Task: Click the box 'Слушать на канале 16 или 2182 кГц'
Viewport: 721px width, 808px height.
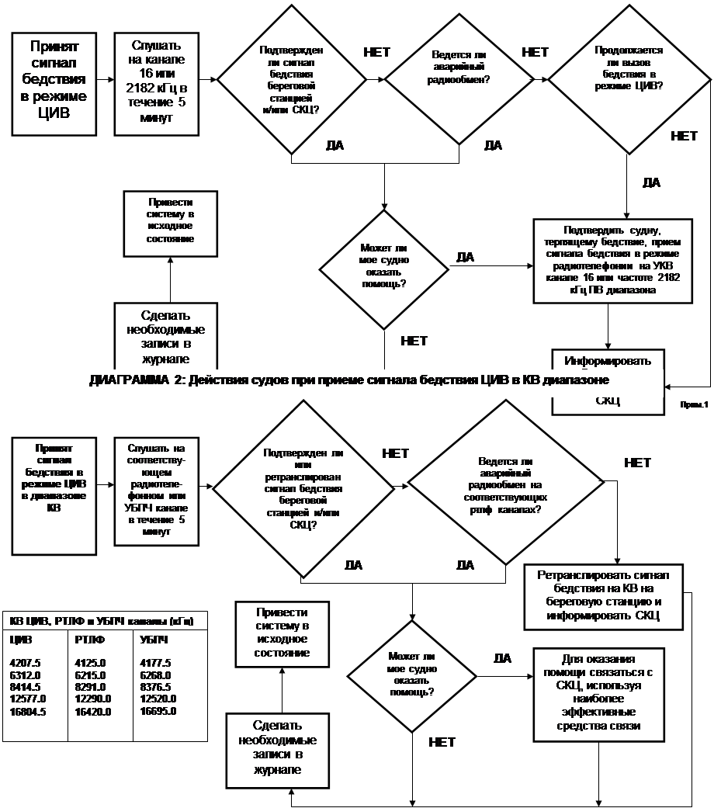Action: (156, 82)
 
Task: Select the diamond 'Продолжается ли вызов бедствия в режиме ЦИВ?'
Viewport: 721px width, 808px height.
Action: (629, 80)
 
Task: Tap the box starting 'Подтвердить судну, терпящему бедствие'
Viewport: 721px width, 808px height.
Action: (612, 260)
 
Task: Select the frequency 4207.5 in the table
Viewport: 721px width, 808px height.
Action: (24, 663)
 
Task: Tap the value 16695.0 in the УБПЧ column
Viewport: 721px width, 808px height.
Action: (156, 711)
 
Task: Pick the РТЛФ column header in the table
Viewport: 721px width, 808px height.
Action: (91, 640)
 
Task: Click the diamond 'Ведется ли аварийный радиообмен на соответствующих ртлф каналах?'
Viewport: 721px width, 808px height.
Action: (506, 487)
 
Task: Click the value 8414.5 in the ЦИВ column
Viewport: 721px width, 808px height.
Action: (24, 687)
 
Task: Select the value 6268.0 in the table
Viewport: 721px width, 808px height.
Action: (156, 675)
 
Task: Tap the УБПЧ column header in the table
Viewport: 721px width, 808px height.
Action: (154, 640)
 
